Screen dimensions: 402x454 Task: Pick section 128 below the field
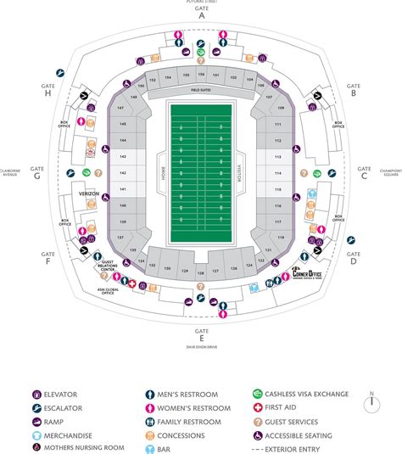pyautogui.click(x=200, y=272)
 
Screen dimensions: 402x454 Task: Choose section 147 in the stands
pyautogui.click(x=121, y=110)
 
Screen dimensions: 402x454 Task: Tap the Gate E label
pyautogui.click(x=202, y=332)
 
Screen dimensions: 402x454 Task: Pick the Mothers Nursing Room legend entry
pyautogui.click(x=78, y=447)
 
